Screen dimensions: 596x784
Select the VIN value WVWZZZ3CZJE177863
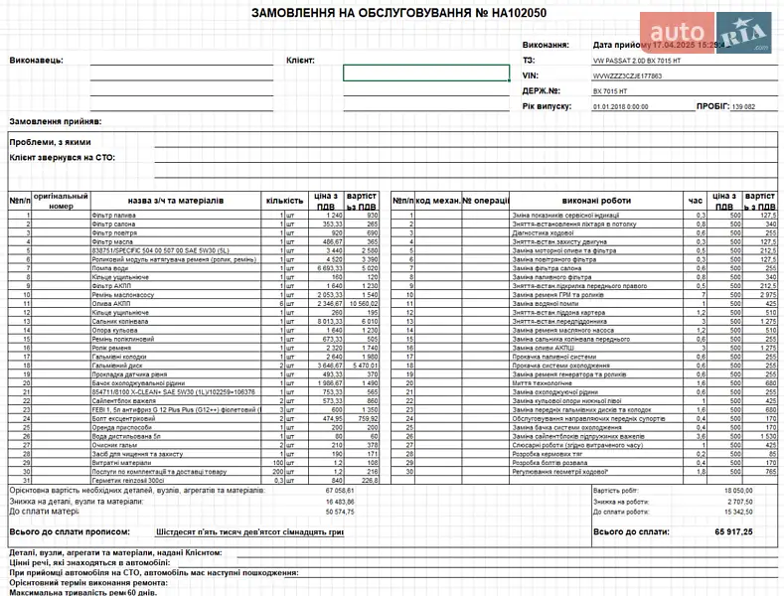[627, 74]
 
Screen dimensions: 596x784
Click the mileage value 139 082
[743, 105]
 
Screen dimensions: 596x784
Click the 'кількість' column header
[285, 201]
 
